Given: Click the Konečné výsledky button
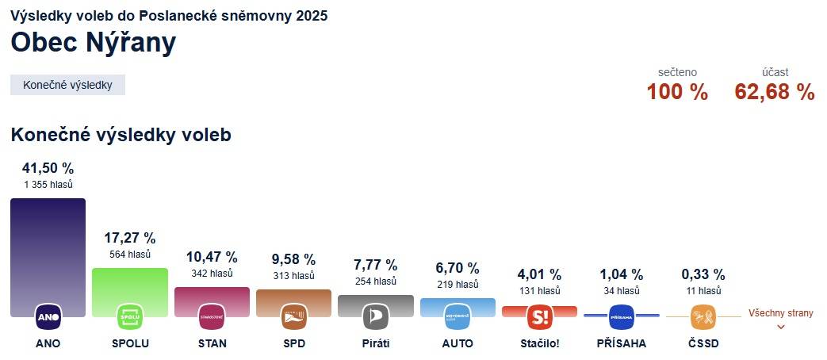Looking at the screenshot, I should click(67, 85).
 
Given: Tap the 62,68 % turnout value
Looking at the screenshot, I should click(775, 92).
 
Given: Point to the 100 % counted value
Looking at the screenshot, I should click(677, 92).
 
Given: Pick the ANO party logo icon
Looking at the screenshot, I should click(48, 317).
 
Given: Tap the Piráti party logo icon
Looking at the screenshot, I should click(375, 317).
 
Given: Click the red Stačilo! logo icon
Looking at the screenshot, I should click(539, 317).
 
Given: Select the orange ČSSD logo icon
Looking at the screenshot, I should click(703, 317).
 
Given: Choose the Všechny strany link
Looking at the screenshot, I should click(781, 313).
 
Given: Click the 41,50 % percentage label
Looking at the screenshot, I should click(48, 168).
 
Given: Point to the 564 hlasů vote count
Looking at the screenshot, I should click(130, 255).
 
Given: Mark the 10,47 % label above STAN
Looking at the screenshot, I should click(212, 257).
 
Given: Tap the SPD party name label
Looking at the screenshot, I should click(293, 343).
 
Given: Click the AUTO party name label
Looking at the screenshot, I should click(458, 343).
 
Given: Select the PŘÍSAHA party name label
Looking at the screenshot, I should click(621, 343).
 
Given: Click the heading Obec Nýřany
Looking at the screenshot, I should click(93, 43).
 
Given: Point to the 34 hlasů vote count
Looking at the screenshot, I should click(621, 291).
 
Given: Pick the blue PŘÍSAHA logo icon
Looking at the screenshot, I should click(622, 317).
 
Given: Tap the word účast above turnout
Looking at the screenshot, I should click(775, 72).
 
